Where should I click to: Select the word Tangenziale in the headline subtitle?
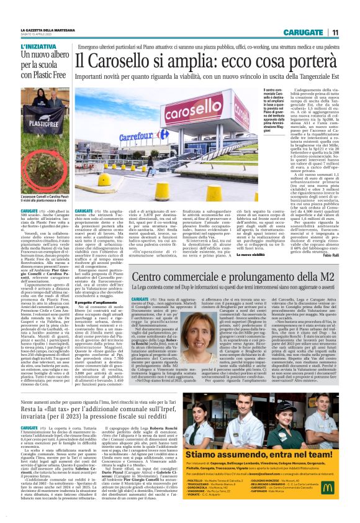(x=291, y=80)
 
